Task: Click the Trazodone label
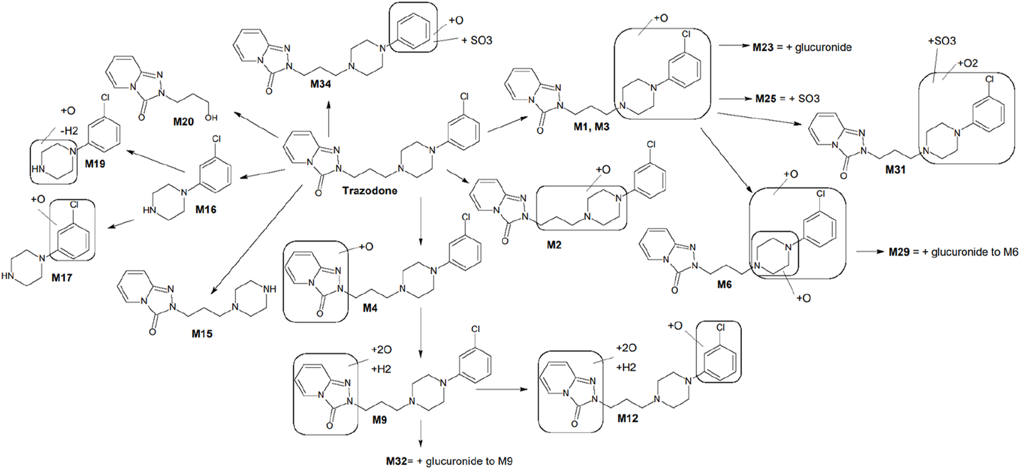coord(370,190)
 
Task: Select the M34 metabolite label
coord(321,84)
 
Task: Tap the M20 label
coord(184,122)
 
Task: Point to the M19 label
coord(95,164)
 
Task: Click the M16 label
coord(205,209)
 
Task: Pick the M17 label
coord(62,277)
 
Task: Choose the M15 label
coord(202,334)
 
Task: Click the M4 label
coord(370,308)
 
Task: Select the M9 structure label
coord(379,420)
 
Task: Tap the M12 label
coord(627,418)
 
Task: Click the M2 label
coord(554,245)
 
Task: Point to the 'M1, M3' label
coord(591,127)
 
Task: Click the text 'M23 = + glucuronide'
coord(802,47)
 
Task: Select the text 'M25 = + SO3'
coord(787,98)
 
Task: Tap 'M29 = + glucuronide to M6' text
coord(953,251)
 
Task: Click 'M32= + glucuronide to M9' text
coord(449,461)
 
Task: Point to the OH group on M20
coord(211,118)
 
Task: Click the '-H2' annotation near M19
coord(68,131)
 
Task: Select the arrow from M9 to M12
coord(501,390)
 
